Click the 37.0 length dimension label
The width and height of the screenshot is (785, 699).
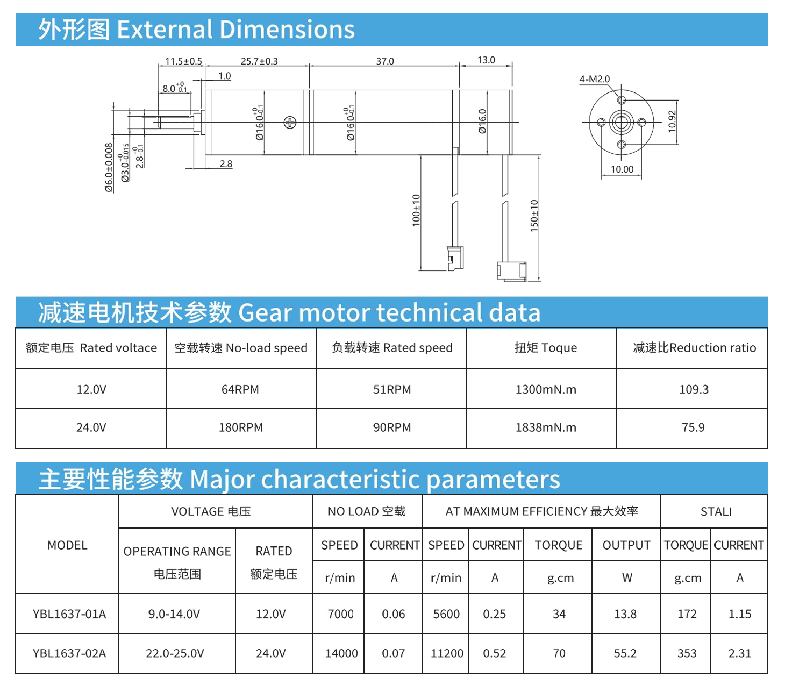pyautogui.click(x=385, y=61)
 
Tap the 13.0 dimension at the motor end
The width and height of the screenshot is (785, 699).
pyautogui.click(x=486, y=60)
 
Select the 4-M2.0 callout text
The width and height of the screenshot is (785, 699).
pyautogui.click(x=594, y=79)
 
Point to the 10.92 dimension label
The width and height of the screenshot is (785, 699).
pyautogui.click(x=672, y=122)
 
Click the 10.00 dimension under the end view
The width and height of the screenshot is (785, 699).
pyautogui.click(x=622, y=169)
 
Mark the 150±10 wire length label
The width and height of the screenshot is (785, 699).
pyautogui.click(x=534, y=216)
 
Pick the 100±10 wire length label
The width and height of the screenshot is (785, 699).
pyautogui.click(x=416, y=210)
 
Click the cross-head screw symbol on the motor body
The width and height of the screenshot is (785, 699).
pyautogui.click(x=290, y=123)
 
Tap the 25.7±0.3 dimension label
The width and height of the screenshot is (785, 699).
pyautogui.click(x=259, y=61)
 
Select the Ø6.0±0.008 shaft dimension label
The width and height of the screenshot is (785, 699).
pyautogui.click(x=109, y=167)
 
